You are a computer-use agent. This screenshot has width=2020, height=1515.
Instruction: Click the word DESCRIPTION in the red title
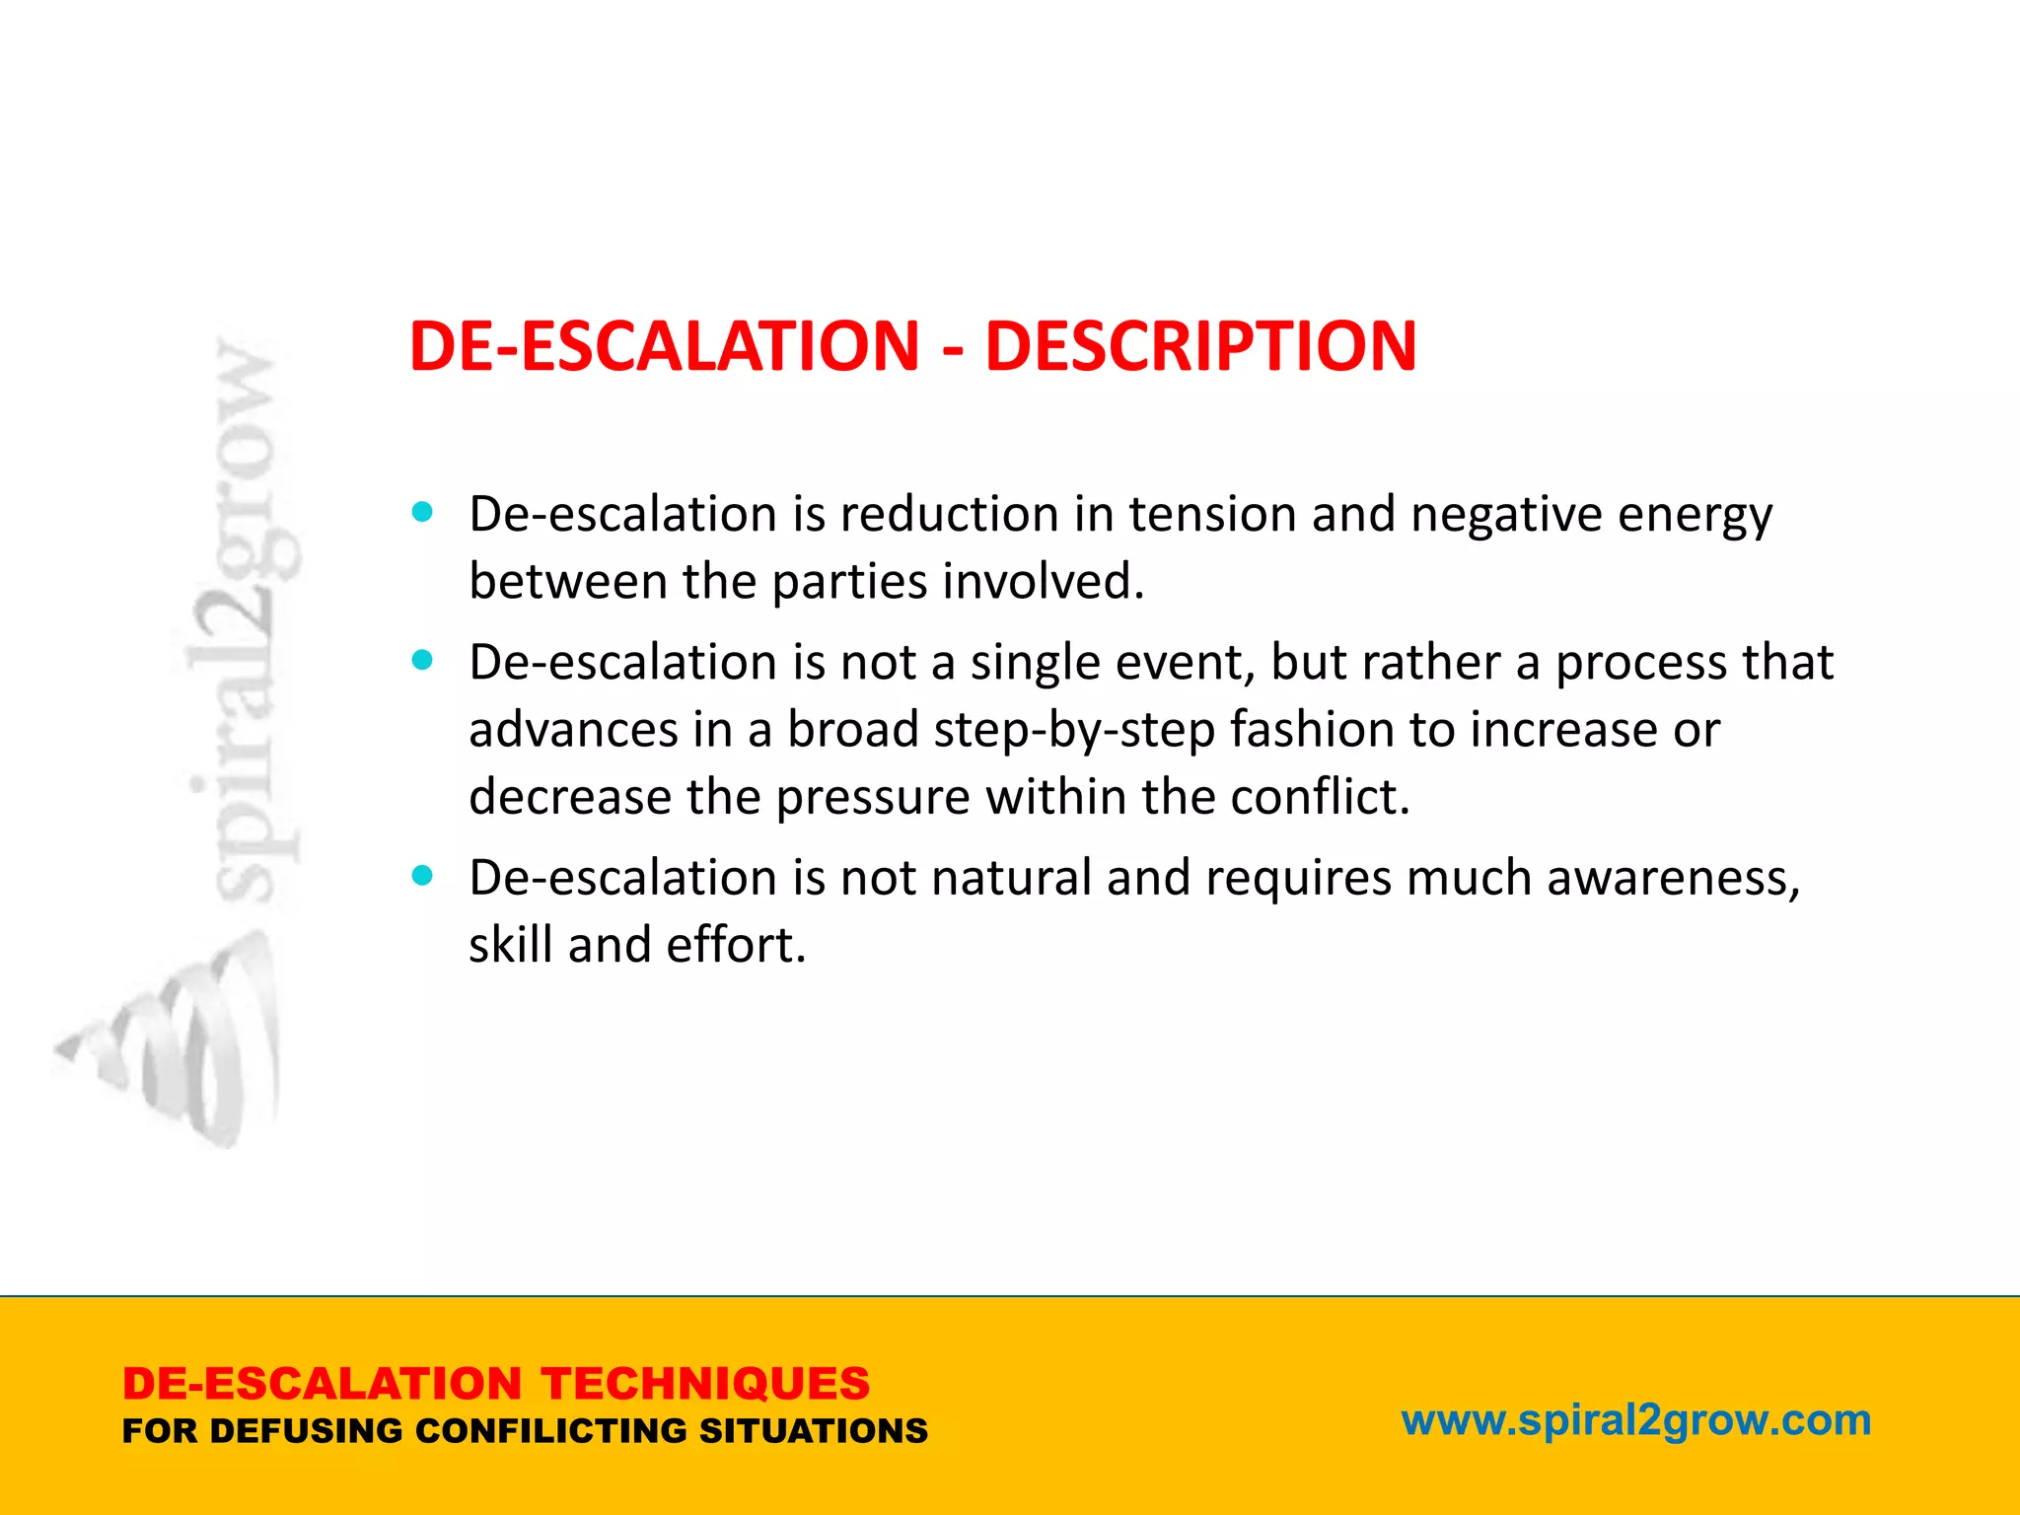[1200, 346]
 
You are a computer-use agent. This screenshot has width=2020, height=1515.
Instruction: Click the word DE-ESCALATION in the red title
[664, 346]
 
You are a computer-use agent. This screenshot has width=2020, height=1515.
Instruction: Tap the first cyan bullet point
[422, 512]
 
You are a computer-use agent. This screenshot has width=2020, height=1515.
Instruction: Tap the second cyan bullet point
[422, 660]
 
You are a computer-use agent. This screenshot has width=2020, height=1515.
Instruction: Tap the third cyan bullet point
[422, 875]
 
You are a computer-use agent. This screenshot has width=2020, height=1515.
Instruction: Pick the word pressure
[873, 797]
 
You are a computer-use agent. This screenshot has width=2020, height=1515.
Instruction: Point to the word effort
[736, 945]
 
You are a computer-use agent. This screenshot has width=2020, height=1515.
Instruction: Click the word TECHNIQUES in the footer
[705, 1384]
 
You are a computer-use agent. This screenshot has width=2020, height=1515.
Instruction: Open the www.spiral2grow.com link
[1635, 1420]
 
